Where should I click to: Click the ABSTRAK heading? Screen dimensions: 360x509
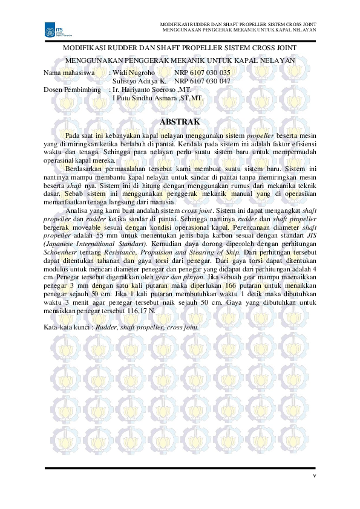[180, 121]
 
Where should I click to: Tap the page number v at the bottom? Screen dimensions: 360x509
[315, 475]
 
